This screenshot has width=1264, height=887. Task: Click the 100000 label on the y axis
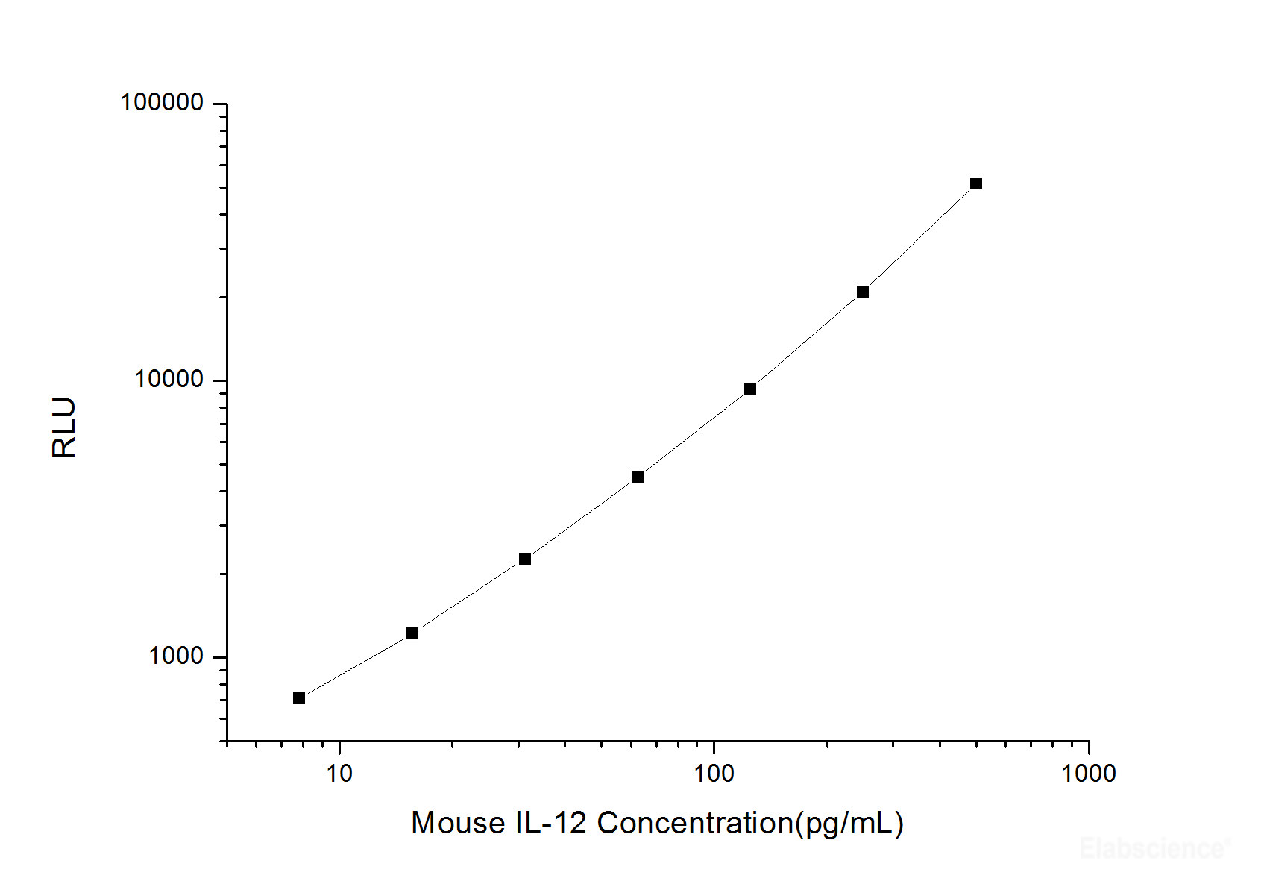click(162, 103)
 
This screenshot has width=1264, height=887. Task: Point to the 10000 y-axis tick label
click(169, 380)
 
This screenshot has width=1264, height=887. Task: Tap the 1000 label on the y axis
click(176, 656)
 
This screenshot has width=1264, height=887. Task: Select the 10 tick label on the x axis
click(339, 774)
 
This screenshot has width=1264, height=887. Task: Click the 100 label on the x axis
click(714, 774)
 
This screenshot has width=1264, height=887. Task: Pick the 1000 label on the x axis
click(1088, 774)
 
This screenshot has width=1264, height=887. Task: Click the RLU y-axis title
click(65, 427)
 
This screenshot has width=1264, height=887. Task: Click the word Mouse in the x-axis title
click(458, 824)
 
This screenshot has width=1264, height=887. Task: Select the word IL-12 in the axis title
click(551, 824)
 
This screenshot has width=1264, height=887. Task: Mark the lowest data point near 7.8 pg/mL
click(299, 698)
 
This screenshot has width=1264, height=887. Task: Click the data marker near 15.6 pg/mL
click(412, 633)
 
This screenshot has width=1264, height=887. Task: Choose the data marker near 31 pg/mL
click(525, 559)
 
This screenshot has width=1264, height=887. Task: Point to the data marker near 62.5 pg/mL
click(638, 477)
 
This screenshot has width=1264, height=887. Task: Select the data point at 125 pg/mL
click(750, 389)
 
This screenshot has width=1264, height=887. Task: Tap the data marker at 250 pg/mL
click(863, 292)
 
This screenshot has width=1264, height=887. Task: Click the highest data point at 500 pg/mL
click(976, 184)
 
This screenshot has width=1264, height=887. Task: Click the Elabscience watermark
click(1153, 849)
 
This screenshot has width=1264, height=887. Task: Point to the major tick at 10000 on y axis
click(220, 380)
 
